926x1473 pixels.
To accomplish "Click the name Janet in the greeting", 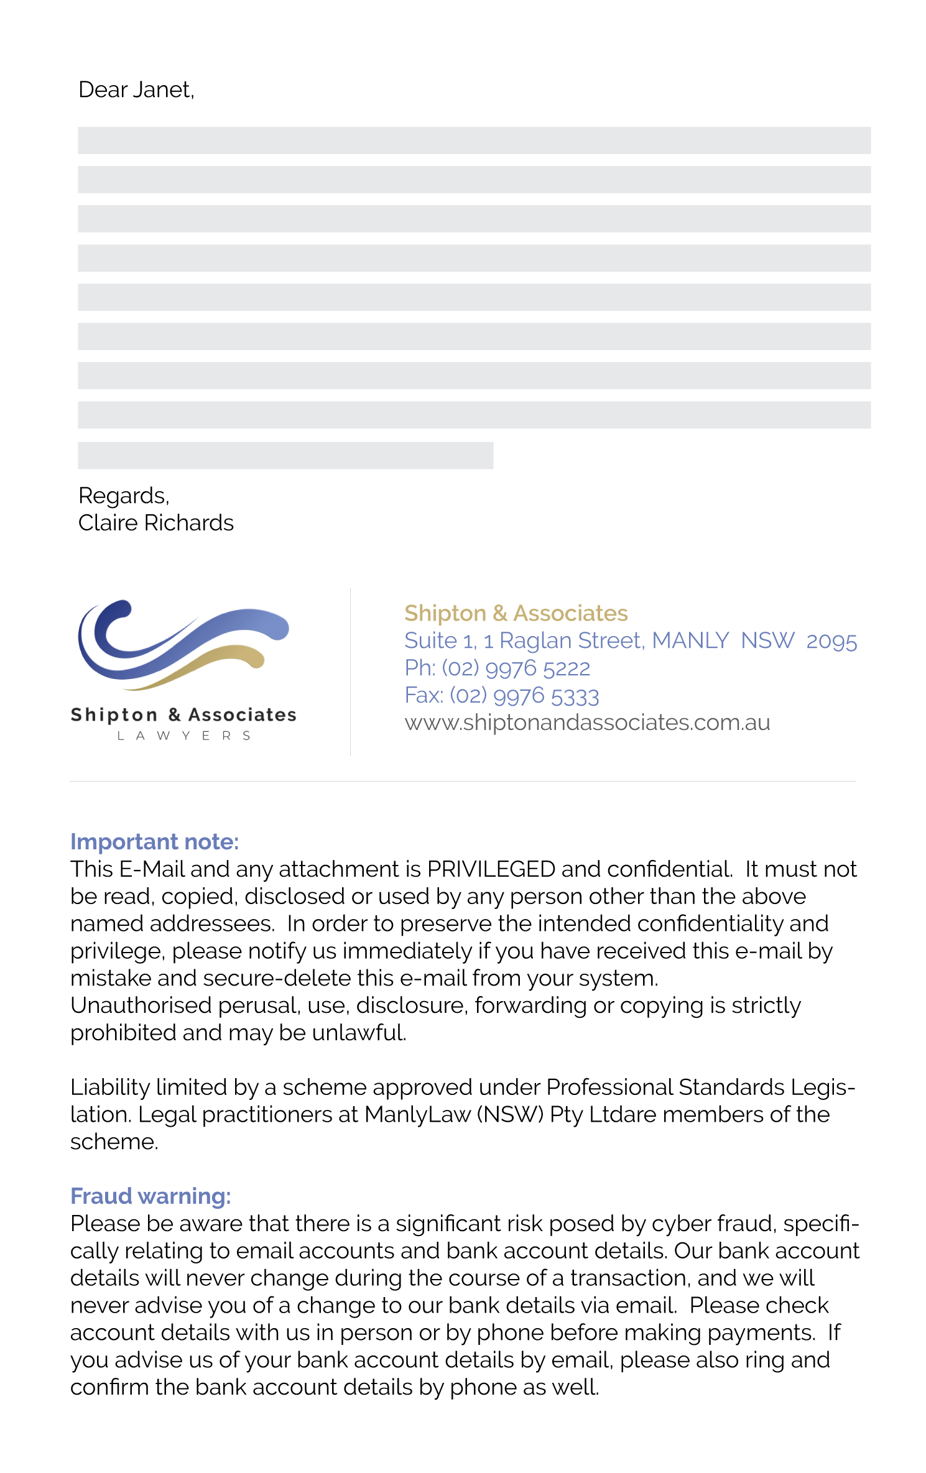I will tap(163, 90).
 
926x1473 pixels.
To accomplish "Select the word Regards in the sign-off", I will tap(123, 496).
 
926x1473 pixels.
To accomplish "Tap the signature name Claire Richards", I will tap(156, 524).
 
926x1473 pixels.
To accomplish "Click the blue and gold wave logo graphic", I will tap(183, 644).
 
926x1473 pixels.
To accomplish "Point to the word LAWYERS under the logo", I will tap(184, 736).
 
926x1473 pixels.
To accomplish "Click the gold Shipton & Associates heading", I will tap(516, 614).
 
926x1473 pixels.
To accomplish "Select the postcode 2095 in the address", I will tap(831, 641).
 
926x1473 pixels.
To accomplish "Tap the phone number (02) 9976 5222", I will tap(516, 668).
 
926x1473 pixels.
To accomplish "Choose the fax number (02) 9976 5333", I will tap(524, 696).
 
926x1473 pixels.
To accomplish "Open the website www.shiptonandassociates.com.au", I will tap(587, 723).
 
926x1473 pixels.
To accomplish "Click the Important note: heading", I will tap(154, 842).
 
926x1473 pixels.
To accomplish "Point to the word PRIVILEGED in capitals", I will tap(491, 869).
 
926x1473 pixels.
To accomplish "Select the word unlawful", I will tap(359, 1033).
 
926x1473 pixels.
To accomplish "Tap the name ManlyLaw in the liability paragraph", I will tap(417, 1115).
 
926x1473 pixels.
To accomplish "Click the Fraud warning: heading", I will tap(150, 1196).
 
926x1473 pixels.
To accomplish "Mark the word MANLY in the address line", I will tap(690, 641).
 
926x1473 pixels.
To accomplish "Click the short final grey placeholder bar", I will tap(285, 455).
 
